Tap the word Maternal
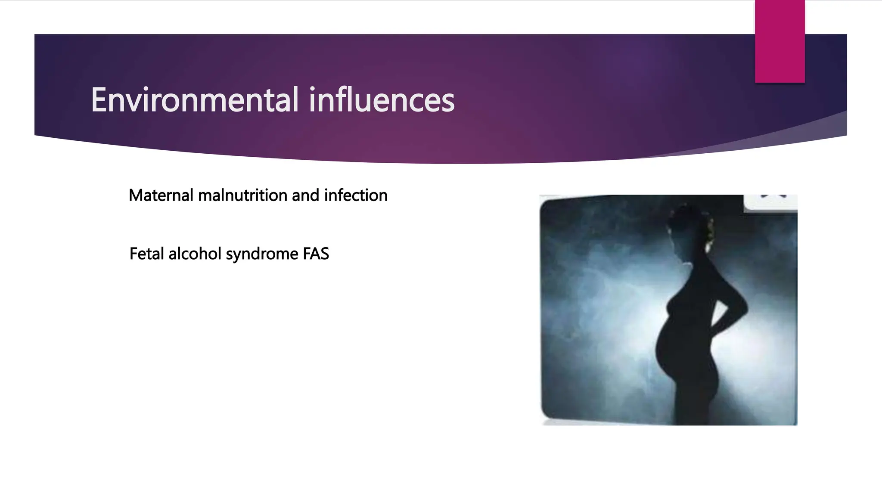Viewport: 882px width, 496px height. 161,195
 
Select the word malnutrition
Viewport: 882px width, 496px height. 242,195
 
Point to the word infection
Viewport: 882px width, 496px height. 356,195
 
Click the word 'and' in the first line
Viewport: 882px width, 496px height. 305,195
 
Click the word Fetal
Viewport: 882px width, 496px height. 146,254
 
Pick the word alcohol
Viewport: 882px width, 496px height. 195,254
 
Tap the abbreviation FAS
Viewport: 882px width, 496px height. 316,254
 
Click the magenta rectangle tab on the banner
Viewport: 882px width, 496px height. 780,41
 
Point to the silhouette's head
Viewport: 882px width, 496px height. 689,228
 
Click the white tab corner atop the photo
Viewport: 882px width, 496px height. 771,202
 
